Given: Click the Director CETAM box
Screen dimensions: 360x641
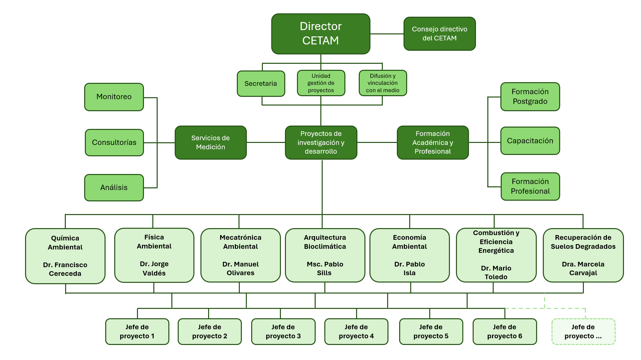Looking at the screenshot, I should [x=321, y=34].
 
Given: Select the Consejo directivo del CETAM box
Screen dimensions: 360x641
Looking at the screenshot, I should [x=439, y=34].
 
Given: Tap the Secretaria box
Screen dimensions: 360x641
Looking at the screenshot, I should [x=261, y=83].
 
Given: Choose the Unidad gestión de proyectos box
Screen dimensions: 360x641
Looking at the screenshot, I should [x=321, y=83].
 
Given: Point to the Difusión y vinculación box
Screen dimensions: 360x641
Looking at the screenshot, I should [x=382, y=83].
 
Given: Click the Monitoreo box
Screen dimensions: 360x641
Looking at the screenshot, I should [x=114, y=97].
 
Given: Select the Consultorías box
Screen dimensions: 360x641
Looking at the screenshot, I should [x=114, y=143].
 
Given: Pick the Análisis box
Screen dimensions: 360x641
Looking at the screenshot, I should [x=114, y=188].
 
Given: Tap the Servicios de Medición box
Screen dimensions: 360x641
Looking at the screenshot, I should [x=210, y=143].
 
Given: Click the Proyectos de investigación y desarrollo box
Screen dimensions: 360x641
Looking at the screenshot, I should [x=321, y=143].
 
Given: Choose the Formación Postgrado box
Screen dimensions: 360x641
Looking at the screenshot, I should [x=530, y=97].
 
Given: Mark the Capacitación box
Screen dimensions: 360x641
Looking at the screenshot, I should [x=530, y=141].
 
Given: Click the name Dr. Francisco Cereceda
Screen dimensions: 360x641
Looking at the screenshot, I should [x=65, y=269].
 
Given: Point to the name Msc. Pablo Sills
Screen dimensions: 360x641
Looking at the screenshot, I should [x=325, y=268].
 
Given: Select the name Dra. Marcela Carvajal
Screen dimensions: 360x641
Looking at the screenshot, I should [x=583, y=268].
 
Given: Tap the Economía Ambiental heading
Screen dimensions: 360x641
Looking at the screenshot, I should [x=410, y=242].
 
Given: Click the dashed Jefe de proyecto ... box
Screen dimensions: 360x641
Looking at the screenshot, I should [x=583, y=332].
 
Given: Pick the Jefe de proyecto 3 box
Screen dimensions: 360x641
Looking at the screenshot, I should [x=283, y=332].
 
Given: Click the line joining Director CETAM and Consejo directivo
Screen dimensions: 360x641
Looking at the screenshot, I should [x=387, y=34].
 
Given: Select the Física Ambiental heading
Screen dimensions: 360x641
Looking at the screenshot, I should [x=154, y=241].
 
